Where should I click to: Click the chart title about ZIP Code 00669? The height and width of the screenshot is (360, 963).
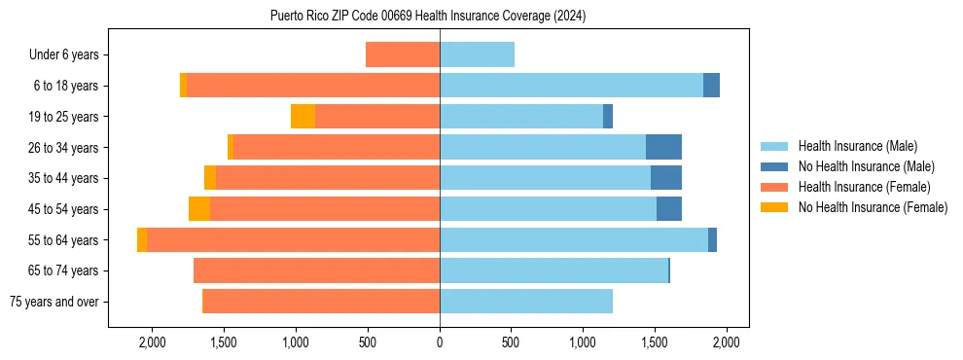coord(428,16)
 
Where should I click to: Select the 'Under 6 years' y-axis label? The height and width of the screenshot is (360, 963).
coord(70,54)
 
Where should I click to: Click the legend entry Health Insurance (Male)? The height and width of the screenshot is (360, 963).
coord(857,146)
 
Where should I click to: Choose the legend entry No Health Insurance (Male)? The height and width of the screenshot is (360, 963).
coord(866,166)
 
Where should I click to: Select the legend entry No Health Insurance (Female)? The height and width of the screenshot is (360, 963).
coord(873,207)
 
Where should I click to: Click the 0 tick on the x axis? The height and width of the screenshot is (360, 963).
coord(440,342)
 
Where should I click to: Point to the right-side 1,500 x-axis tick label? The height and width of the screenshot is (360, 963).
coord(655,342)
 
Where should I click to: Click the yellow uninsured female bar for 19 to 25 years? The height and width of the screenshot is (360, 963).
coord(303,117)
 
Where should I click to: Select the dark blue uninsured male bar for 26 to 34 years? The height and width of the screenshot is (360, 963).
coord(663,147)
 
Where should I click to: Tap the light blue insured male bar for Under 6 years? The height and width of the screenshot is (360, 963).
coord(477,54)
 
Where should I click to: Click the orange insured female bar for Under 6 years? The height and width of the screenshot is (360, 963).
coord(403,54)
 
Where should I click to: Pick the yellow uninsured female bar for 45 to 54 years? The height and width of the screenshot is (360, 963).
coord(199,209)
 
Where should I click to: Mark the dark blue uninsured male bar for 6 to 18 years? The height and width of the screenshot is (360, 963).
coord(711,86)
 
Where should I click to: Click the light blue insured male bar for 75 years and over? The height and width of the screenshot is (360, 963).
coord(525,302)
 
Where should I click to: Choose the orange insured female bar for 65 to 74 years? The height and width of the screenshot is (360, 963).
coord(316,270)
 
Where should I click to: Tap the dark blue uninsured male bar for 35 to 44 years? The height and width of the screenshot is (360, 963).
coord(665,178)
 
